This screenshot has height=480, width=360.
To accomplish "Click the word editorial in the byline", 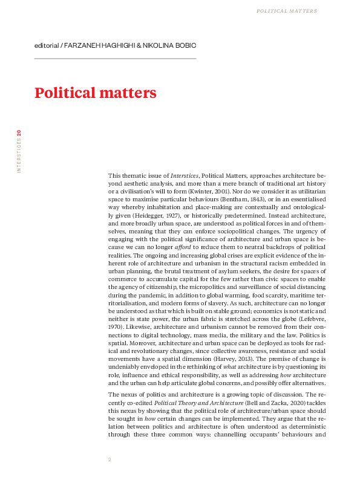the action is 47,46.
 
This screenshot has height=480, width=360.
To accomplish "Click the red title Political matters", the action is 95,93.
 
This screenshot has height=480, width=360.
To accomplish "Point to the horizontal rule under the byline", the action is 115,59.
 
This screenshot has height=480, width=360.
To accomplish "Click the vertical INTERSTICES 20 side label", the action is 19,151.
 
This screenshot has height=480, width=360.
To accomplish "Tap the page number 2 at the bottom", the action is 110,459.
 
